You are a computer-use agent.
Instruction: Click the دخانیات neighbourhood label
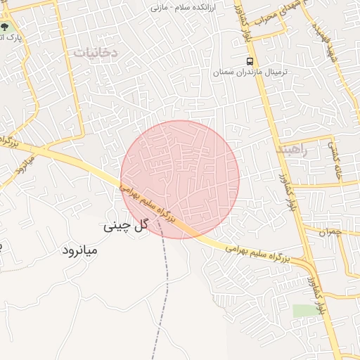tap(94, 51)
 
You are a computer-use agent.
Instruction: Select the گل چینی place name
tap(128, 226)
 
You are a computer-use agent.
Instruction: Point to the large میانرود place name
tap(79, 250)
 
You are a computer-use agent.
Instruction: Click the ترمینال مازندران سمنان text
tap(251, 72)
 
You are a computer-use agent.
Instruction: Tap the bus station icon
tap(251, 60)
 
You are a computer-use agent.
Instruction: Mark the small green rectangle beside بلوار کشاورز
tap(304, 310)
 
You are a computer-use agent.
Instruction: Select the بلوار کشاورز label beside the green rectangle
tap(314, 295)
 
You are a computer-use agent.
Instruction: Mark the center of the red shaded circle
tap(180, 179)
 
